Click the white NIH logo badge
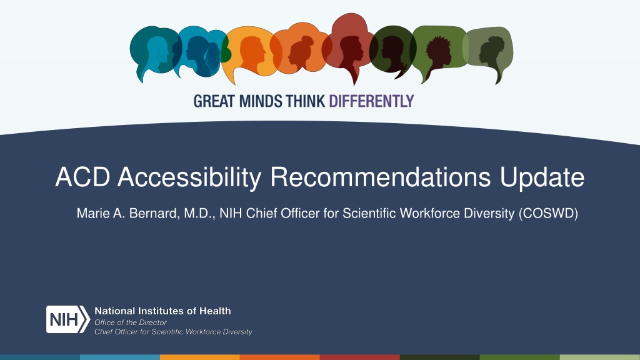coord(67,319)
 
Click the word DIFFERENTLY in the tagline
coord(371,101)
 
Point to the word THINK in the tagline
coord(305,101)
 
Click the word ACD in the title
coord(83,177)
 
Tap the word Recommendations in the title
coord(381,177)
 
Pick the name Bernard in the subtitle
coord(154,214)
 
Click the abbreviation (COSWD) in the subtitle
coord(548,214)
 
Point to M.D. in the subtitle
coord(199,214)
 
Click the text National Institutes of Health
coord(163,311)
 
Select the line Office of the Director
coord(131,322)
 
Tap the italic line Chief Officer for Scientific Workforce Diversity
coord(174,332)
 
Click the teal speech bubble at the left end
coord(154,51)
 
